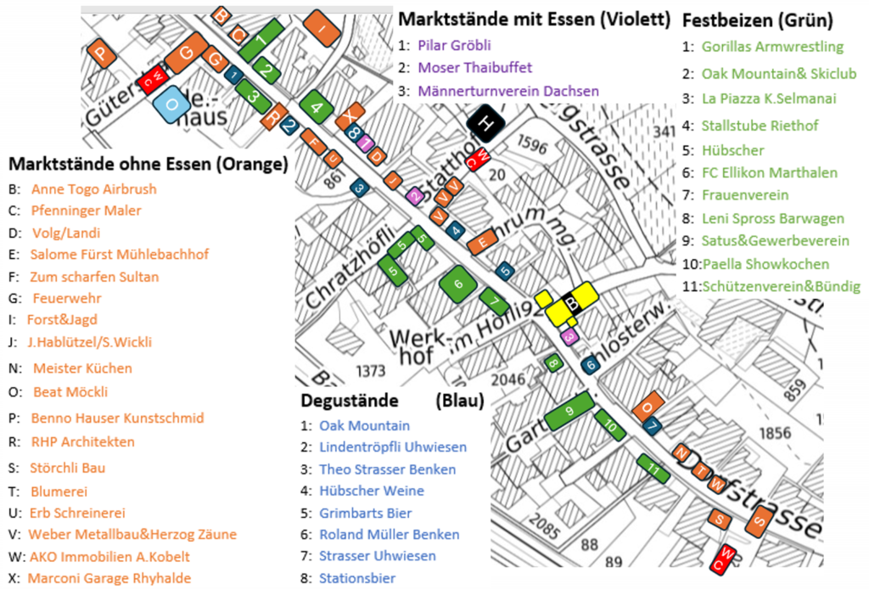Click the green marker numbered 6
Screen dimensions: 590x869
pos(458,284)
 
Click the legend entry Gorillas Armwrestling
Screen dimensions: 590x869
pos(772,46)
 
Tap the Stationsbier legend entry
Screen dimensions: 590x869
pos(357,578)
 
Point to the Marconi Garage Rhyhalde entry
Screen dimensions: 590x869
pos(109,578)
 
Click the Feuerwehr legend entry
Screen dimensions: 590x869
pos(67,298)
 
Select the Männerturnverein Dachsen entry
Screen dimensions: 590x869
pos(507,91)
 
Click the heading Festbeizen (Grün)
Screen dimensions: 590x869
pos(757,20)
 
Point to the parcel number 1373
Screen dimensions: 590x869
pos(372,371)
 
